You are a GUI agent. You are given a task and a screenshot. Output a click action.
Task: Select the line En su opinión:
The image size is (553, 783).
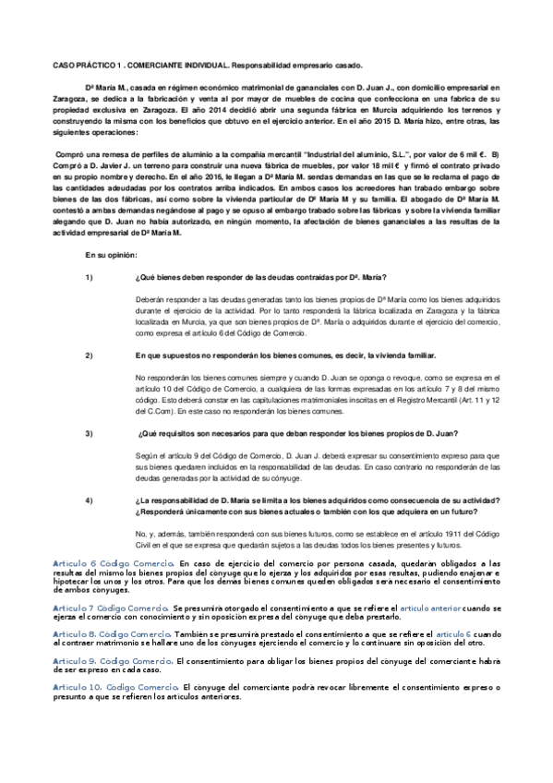coord(111,254)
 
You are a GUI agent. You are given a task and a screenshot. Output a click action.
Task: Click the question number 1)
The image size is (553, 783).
coord(90,278)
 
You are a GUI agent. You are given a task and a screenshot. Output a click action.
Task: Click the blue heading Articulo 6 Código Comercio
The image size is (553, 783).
coord(114,562)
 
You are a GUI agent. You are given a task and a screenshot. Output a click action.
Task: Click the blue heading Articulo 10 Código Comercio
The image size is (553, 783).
coord(115,687)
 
